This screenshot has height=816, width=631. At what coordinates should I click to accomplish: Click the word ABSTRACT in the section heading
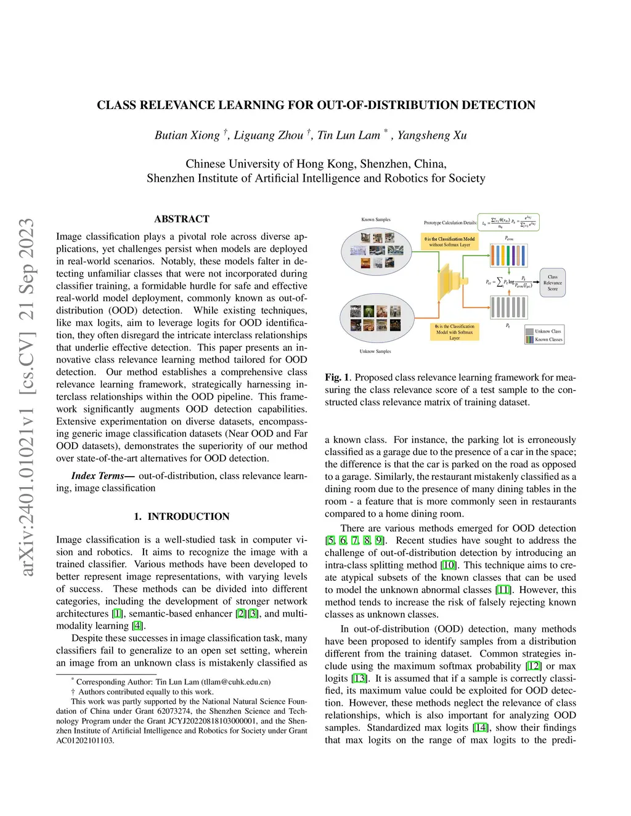182,219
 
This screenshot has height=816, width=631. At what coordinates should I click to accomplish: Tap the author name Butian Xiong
187,135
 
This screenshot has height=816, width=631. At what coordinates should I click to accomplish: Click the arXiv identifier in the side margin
26,397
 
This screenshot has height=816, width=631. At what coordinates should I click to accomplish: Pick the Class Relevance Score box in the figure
552,283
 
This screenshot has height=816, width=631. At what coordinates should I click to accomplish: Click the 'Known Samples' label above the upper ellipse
376,220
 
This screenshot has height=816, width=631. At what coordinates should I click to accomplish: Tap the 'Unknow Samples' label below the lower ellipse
375,352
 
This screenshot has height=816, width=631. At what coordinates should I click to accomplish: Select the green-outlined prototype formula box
509,222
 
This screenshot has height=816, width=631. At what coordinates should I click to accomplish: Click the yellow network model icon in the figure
452,282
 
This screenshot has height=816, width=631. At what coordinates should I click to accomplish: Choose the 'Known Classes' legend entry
548,339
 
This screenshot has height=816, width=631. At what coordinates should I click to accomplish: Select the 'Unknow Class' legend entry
548,331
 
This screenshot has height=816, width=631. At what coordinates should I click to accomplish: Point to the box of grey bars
508,307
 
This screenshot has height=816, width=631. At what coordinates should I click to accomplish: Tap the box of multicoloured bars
508,254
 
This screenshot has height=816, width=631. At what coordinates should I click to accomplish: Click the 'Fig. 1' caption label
337,378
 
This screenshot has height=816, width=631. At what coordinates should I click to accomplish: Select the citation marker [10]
448,565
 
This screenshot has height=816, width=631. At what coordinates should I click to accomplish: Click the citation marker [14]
481,728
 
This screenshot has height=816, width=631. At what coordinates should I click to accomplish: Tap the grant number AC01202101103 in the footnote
85,740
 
